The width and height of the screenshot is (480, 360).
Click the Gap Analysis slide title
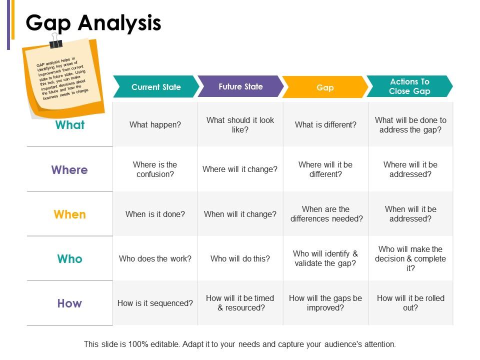(93, 23)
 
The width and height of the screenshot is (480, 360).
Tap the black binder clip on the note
(55, 41)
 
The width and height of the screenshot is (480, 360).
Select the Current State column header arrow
(156, 86)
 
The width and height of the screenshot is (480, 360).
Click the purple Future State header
(240, 86)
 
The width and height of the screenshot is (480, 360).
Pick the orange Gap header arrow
(325, 87)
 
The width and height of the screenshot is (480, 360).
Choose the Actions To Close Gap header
(409, 86)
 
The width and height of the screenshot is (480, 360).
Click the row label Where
(69, 170)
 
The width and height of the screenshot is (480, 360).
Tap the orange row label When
(70, 214)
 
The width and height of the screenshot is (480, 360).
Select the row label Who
(70, 259)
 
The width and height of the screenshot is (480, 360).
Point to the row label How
(69, 303)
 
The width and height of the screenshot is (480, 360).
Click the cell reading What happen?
(155, 124)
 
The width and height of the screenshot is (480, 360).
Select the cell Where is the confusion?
(155, 169)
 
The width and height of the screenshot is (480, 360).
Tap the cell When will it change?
(240, 214)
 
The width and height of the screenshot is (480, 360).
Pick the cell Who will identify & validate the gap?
(325, 258)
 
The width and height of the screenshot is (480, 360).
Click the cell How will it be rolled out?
(411, 303)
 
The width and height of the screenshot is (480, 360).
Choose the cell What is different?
(325, 124)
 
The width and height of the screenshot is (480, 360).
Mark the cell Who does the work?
(155, 258)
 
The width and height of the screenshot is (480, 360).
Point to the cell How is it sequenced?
(155, 303)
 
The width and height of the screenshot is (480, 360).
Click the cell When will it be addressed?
(411, 214)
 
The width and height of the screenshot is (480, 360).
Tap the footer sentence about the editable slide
(240, 344)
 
